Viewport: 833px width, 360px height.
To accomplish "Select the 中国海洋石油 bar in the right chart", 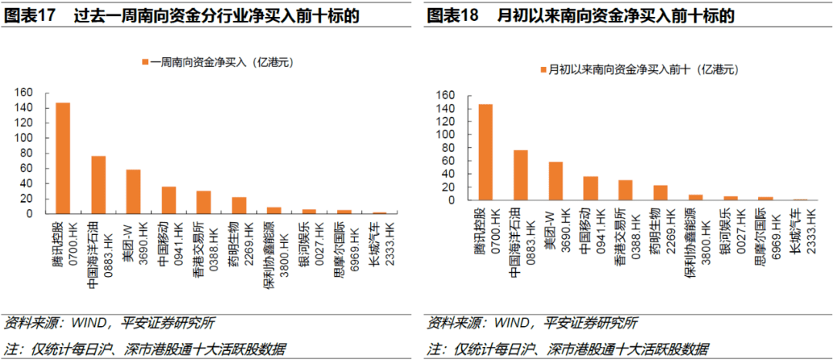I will point(521,175).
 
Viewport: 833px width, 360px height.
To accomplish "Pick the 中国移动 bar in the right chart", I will point(591,188).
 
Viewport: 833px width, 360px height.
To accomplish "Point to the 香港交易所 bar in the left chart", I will point(204,202).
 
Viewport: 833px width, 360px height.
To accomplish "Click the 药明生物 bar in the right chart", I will point(661,193).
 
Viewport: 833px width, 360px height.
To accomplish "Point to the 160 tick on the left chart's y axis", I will point(23,93).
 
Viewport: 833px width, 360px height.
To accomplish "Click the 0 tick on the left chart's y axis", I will point(29,214).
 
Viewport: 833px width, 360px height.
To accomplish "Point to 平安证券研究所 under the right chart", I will point(591,322).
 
